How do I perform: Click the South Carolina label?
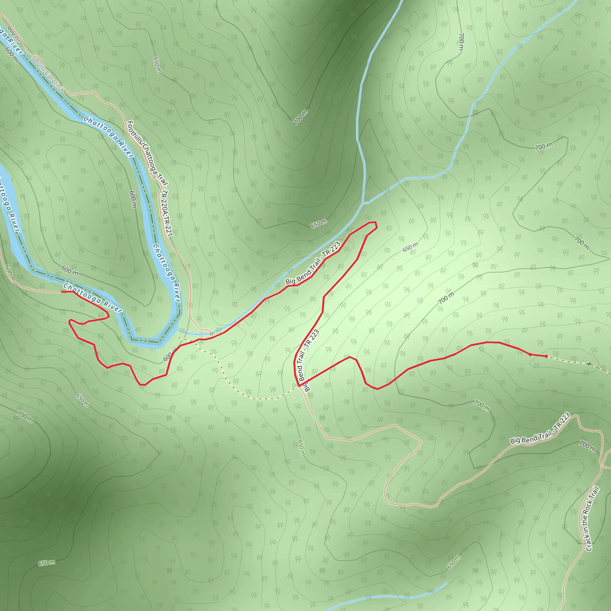(47, 74)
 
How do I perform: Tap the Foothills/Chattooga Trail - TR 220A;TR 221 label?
(149, 178)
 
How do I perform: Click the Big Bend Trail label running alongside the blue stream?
(313, 263)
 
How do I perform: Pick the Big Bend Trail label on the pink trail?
(540, 429)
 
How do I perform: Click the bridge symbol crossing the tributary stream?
(212, 333)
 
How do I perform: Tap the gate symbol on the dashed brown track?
(589, 364)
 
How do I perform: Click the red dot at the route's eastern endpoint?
(546, 357)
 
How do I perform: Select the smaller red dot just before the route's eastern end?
(530, 354)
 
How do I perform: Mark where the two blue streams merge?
(363, 203)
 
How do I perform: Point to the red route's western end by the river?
(62, 291)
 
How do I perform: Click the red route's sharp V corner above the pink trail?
(299, 386)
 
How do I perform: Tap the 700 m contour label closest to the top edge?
(461, 42)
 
